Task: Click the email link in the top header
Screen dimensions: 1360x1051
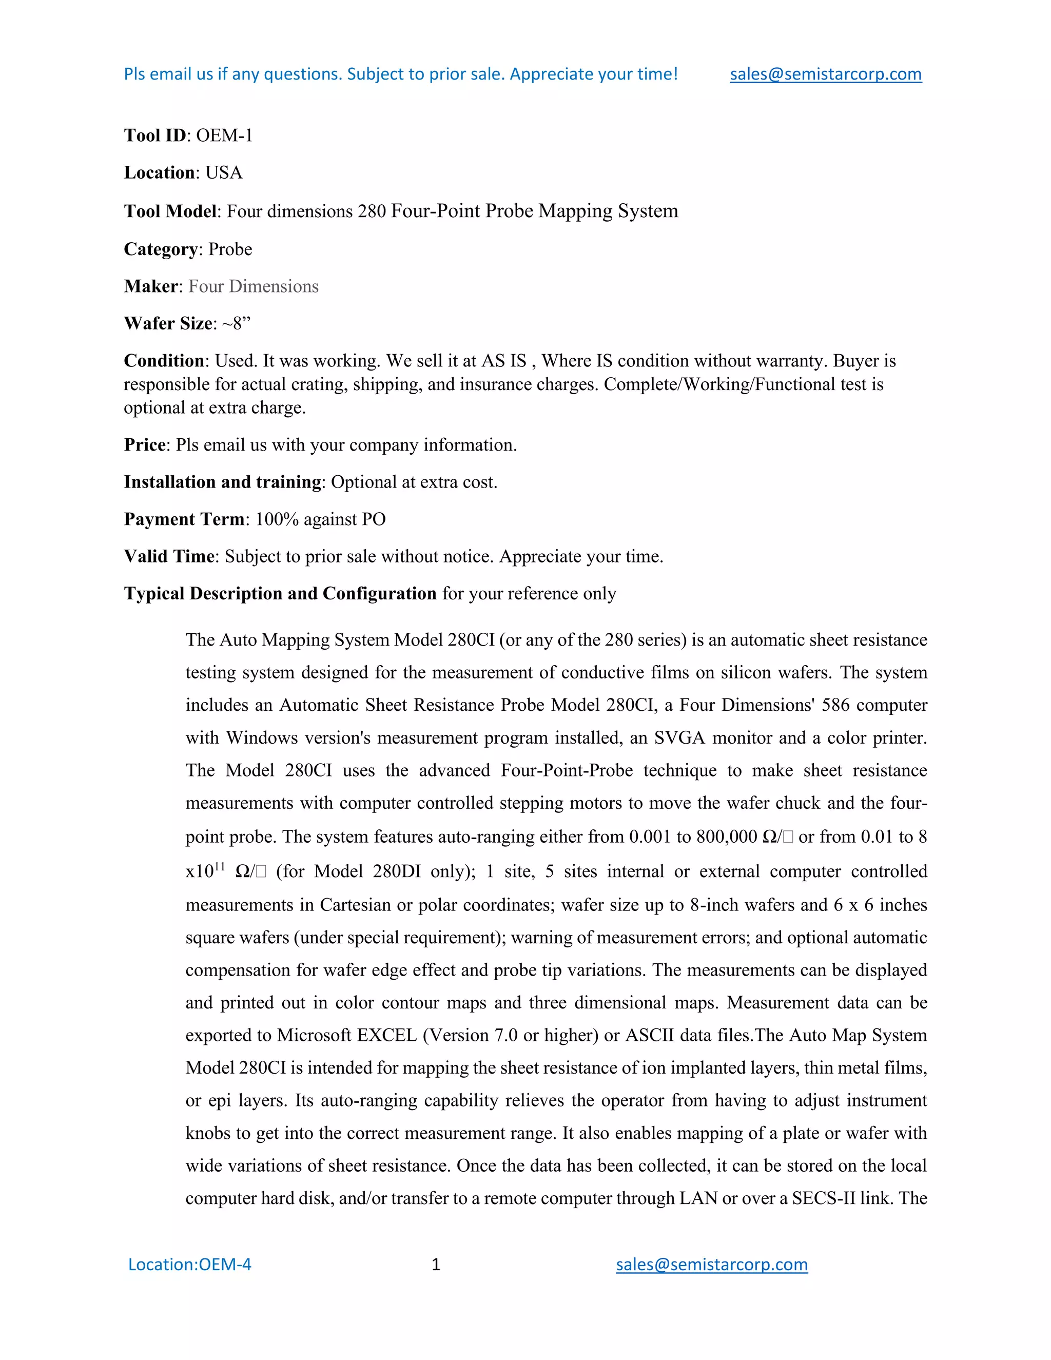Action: click(825, 74)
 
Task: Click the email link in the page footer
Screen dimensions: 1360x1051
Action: click(711, 1264)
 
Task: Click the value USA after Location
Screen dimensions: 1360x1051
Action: click(224, 172)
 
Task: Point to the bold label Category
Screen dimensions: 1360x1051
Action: click(161, 249)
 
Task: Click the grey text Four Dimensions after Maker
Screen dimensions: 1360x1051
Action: click(254, 286)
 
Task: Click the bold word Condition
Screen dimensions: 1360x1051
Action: click(164, 361)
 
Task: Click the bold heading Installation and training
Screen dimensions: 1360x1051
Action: click(222, 482)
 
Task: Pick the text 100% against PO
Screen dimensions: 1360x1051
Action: click(320, 519)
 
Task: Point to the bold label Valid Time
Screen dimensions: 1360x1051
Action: click(169, 556)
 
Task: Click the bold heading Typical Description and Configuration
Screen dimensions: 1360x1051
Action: click(280, 593)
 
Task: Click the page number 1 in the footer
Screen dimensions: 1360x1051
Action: click(436, 1264)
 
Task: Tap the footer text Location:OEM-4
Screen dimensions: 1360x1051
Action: click(189, 1264)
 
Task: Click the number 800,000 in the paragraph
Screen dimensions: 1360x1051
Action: click(727, 837)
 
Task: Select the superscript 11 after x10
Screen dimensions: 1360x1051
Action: click(219, 866)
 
